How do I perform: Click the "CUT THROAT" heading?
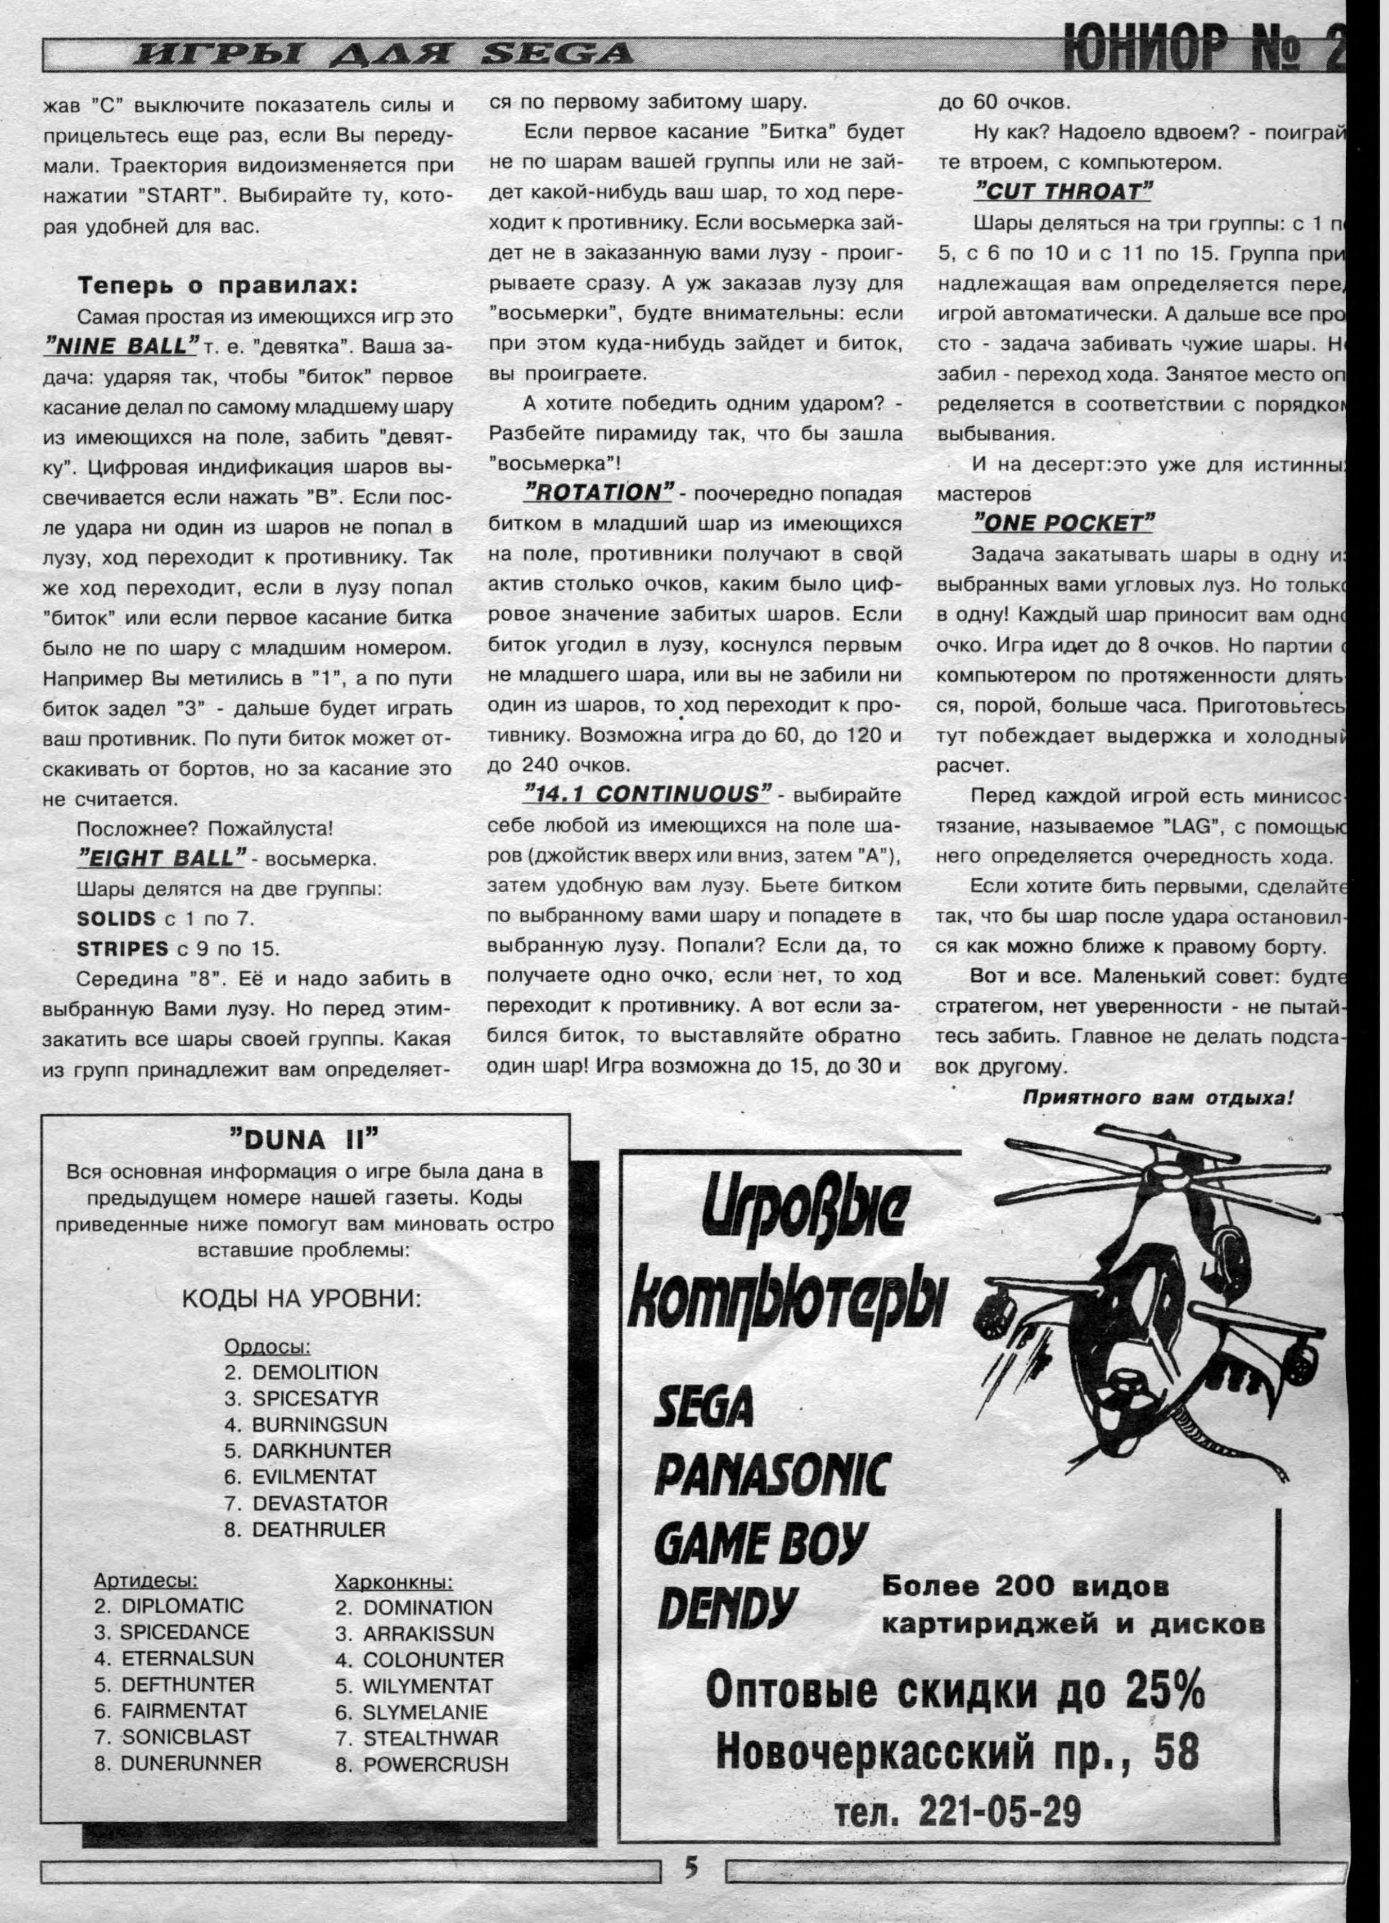point(1062,192)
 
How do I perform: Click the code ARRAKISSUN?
point(429,1634)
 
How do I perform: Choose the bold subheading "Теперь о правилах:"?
point(217,285)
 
